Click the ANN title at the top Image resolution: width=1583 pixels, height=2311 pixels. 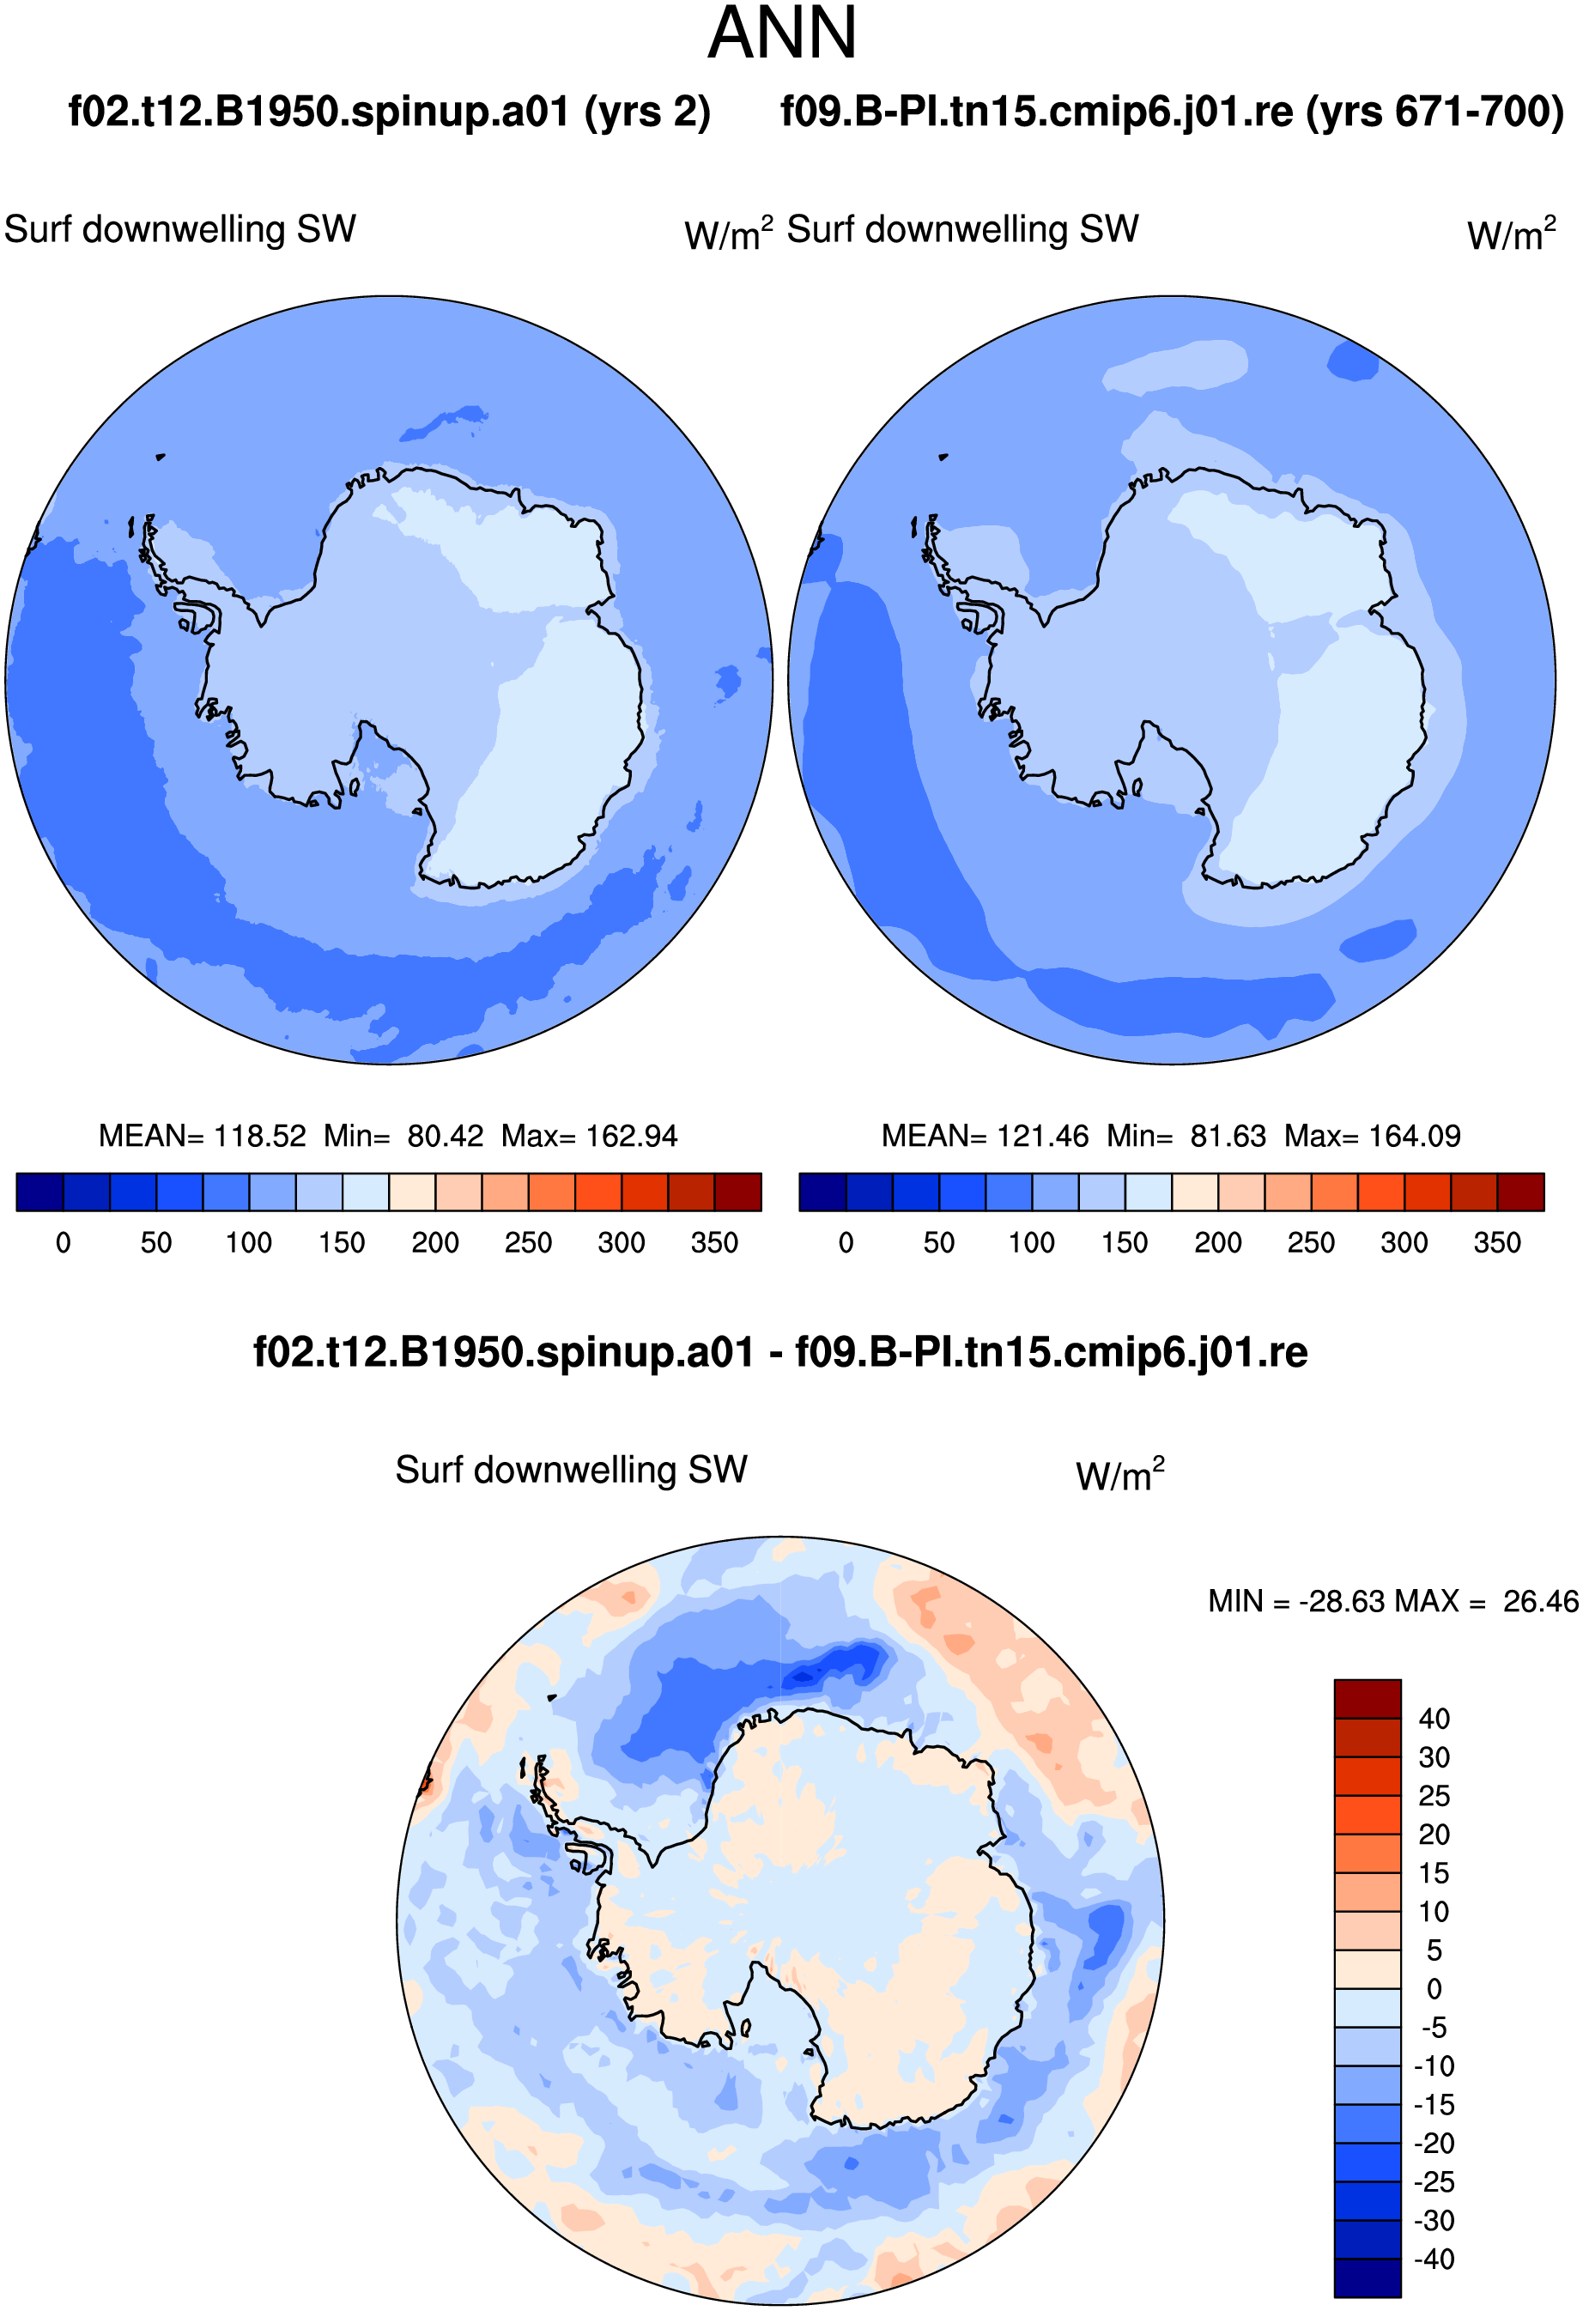pyautogui.click(x=781, y=33)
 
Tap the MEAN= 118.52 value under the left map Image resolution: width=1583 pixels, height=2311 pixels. pyautogui.click(x=202, y=1136)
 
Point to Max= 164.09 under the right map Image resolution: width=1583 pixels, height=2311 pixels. pyautogui.click(x=1372, y=1136)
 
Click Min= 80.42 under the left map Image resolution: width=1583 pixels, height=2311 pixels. pyautogui.click(x=403, y=1136)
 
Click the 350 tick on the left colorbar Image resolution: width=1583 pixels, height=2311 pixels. pyautogui.click(x=714, y=1243)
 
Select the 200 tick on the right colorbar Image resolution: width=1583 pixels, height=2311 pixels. pyautogui.click(x=1217, y=1243)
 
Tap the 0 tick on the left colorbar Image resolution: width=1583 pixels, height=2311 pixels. pyautogui.click(x=64, y=1243)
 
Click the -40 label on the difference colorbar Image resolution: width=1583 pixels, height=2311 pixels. pyautogui.click(x=1434, y=2259)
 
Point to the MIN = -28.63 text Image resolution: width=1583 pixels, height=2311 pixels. pyautogui.click(x=1298, y=1601)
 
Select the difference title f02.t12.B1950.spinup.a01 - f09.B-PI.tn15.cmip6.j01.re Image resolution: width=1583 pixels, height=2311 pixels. pyautogui.click(x=780, y=1352)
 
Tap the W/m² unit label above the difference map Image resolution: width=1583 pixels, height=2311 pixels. pyautogui.click(x=1119, y=1475)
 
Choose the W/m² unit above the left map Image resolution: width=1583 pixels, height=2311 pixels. pyautogui.click(x=728, y=234)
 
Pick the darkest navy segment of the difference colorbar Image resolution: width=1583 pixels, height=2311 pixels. pyautogui.click(x=1368, y=2278)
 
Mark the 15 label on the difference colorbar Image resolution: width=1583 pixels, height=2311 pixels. pyautogui.click(x=1434, y=1873)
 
